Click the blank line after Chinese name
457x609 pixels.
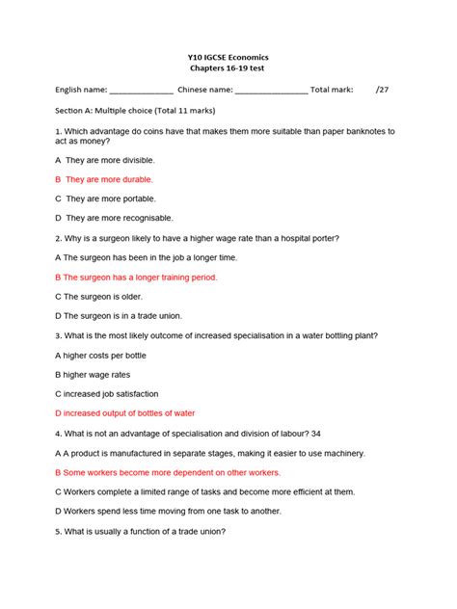(x=271, y=92)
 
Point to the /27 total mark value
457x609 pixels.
(x=382, y=91)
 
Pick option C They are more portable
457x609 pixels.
(x=104, y=199)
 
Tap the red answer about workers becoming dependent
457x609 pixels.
(x=168, y=472)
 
